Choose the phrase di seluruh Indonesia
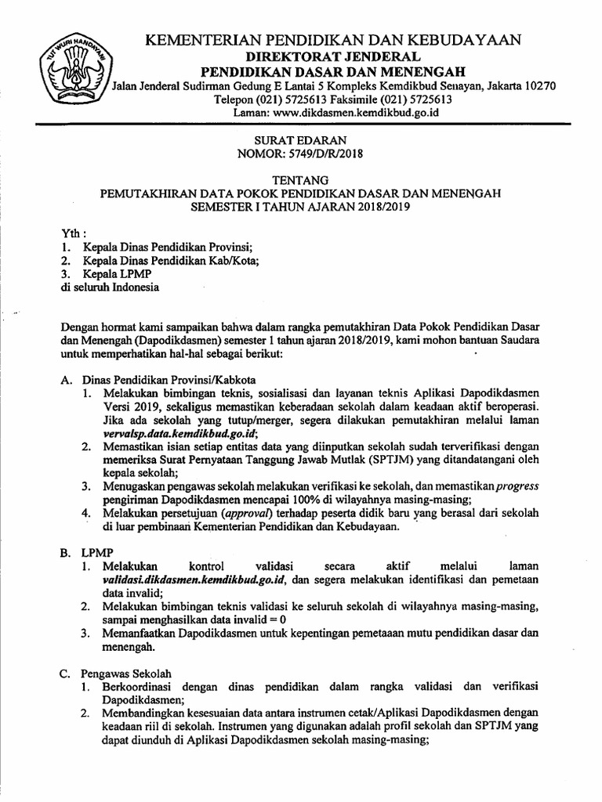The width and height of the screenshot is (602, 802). (x=110, y=287)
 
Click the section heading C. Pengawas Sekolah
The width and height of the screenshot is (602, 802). (x=120, y=673)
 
